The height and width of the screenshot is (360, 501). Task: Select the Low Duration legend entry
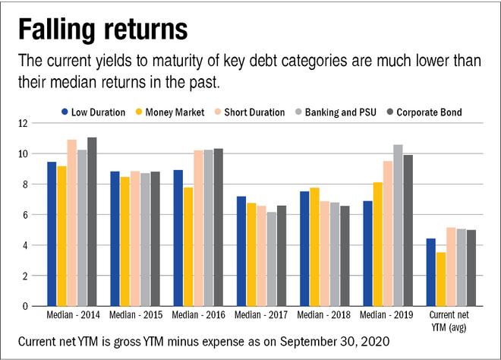(x=91, y=112)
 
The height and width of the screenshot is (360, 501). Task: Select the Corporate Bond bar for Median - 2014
(x=92, y=222)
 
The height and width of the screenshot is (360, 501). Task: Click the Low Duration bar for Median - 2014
(x=51, y=234)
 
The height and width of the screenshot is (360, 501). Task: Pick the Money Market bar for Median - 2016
(x=187, y=247)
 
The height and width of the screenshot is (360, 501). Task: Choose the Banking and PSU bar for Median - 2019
(x=398, y=226)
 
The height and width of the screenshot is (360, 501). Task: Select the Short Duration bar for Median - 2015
(x=135, y=238)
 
